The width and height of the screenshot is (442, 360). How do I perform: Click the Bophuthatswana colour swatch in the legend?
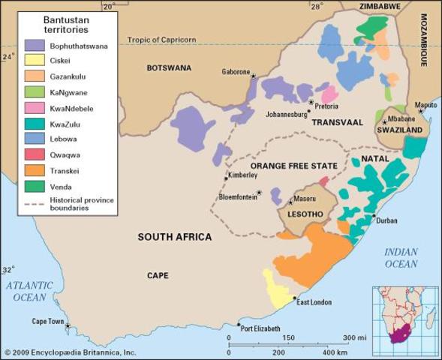[x=35, y=45]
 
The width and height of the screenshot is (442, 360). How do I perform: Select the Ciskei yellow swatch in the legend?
[x=35, y=60]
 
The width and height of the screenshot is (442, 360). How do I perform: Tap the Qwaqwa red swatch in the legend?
[x=35, y=154]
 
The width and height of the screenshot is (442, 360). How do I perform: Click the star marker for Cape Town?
[x=68, y=326]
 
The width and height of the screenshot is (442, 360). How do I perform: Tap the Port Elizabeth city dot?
[x=239, y=325]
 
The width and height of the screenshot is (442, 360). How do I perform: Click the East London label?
[x=314, y=301]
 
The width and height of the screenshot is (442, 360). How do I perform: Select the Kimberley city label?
[x=243, y=175]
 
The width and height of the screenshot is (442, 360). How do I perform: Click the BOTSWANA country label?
[x=170, y=67]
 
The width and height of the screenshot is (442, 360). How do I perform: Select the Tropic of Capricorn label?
[x=162, y=40]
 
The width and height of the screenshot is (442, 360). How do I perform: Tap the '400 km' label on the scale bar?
[x=336, y=352]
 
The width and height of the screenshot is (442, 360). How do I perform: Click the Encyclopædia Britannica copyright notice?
[x=70, y=352]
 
